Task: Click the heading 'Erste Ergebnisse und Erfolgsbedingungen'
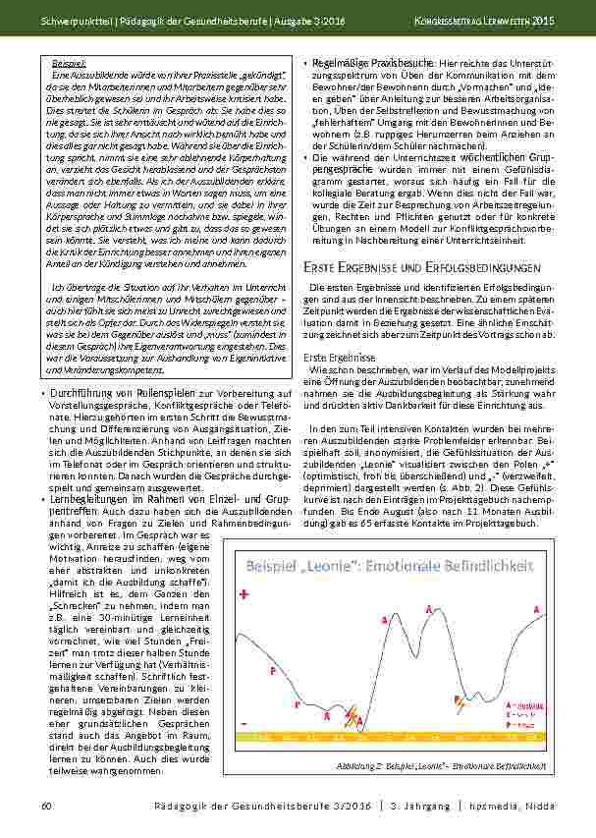pyautogui.click(x=422, y=266)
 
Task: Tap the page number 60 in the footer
pyautogui.click(x=45, y=806)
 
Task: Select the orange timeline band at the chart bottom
pyautogui.click(x=393, y=734)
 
